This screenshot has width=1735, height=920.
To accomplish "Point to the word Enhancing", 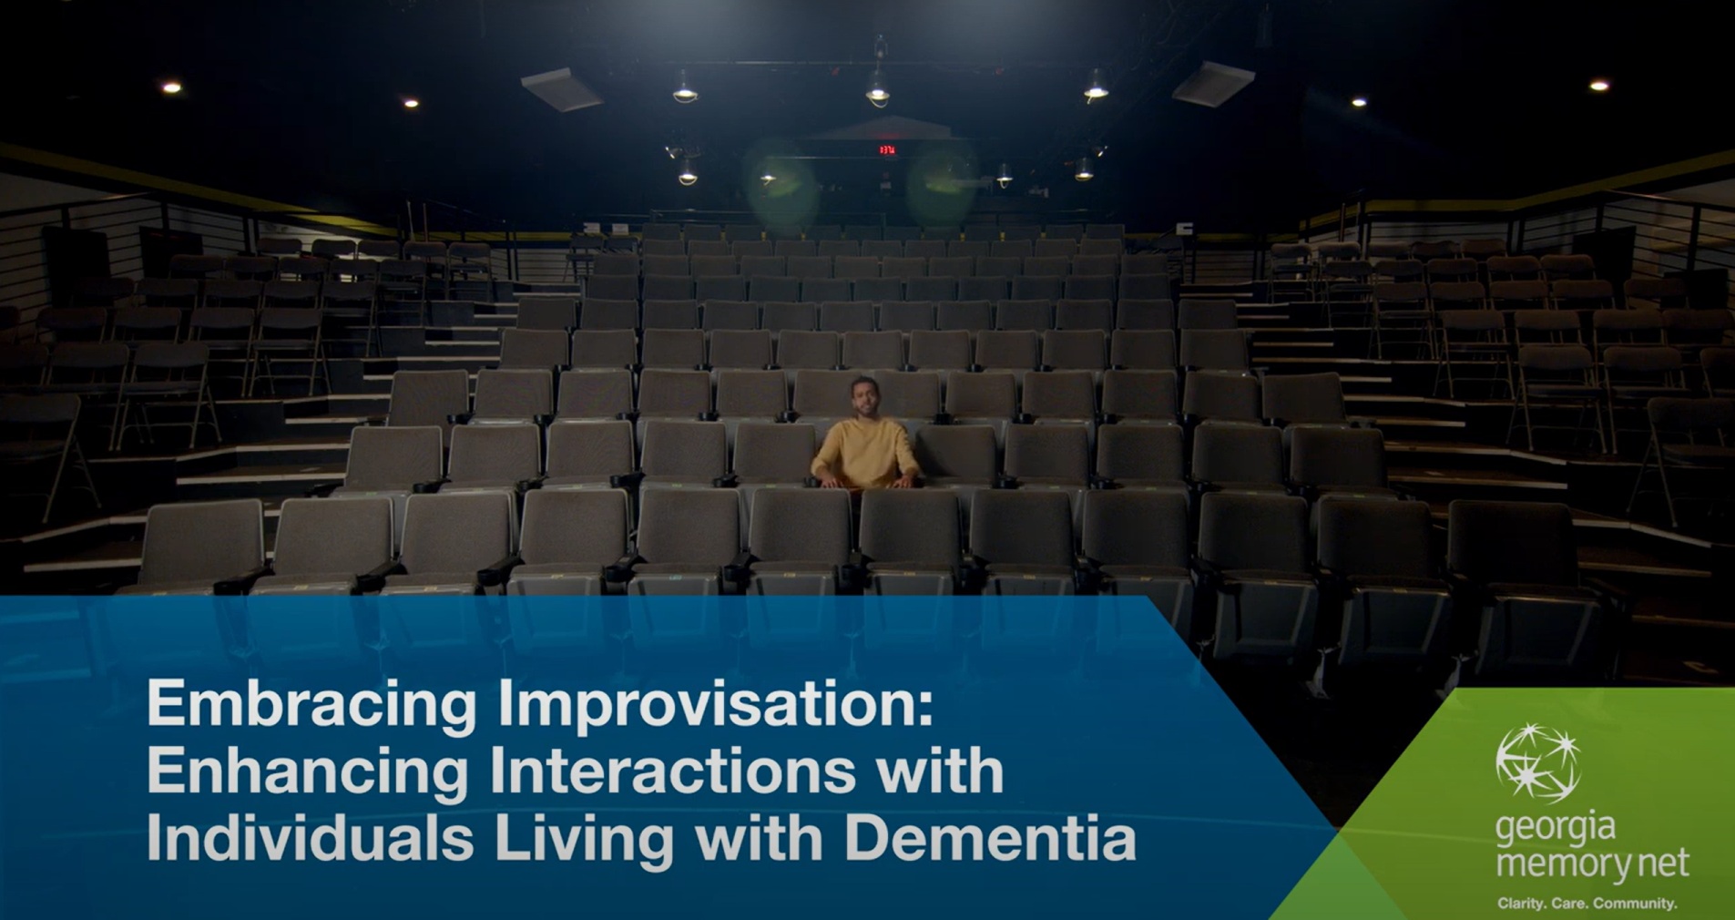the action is [307, 771].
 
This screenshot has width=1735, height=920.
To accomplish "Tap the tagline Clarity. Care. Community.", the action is [1587, 903].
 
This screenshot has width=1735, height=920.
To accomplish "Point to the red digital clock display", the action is [886, 149].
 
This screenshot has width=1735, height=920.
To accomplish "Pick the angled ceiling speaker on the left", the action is [562, 89].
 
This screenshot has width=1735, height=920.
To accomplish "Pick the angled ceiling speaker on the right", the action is [1213, 84].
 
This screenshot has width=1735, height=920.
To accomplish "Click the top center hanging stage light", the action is [877, 88].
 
